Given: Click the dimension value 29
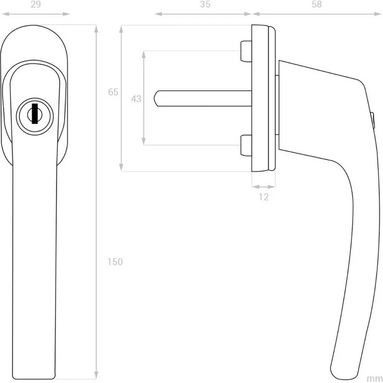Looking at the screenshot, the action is coord(36,4).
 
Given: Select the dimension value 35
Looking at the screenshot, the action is coord(205,4).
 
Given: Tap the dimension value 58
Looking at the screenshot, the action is coord(316,4).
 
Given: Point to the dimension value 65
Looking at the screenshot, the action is coord(113,92).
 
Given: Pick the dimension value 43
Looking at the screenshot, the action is coord(136,99).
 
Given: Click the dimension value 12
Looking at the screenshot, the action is coord(263,197).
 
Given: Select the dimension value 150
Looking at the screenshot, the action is coord(115,262).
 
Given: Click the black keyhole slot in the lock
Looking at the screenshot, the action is coord(35,113).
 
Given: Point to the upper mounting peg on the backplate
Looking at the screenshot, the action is coord(246,52).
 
